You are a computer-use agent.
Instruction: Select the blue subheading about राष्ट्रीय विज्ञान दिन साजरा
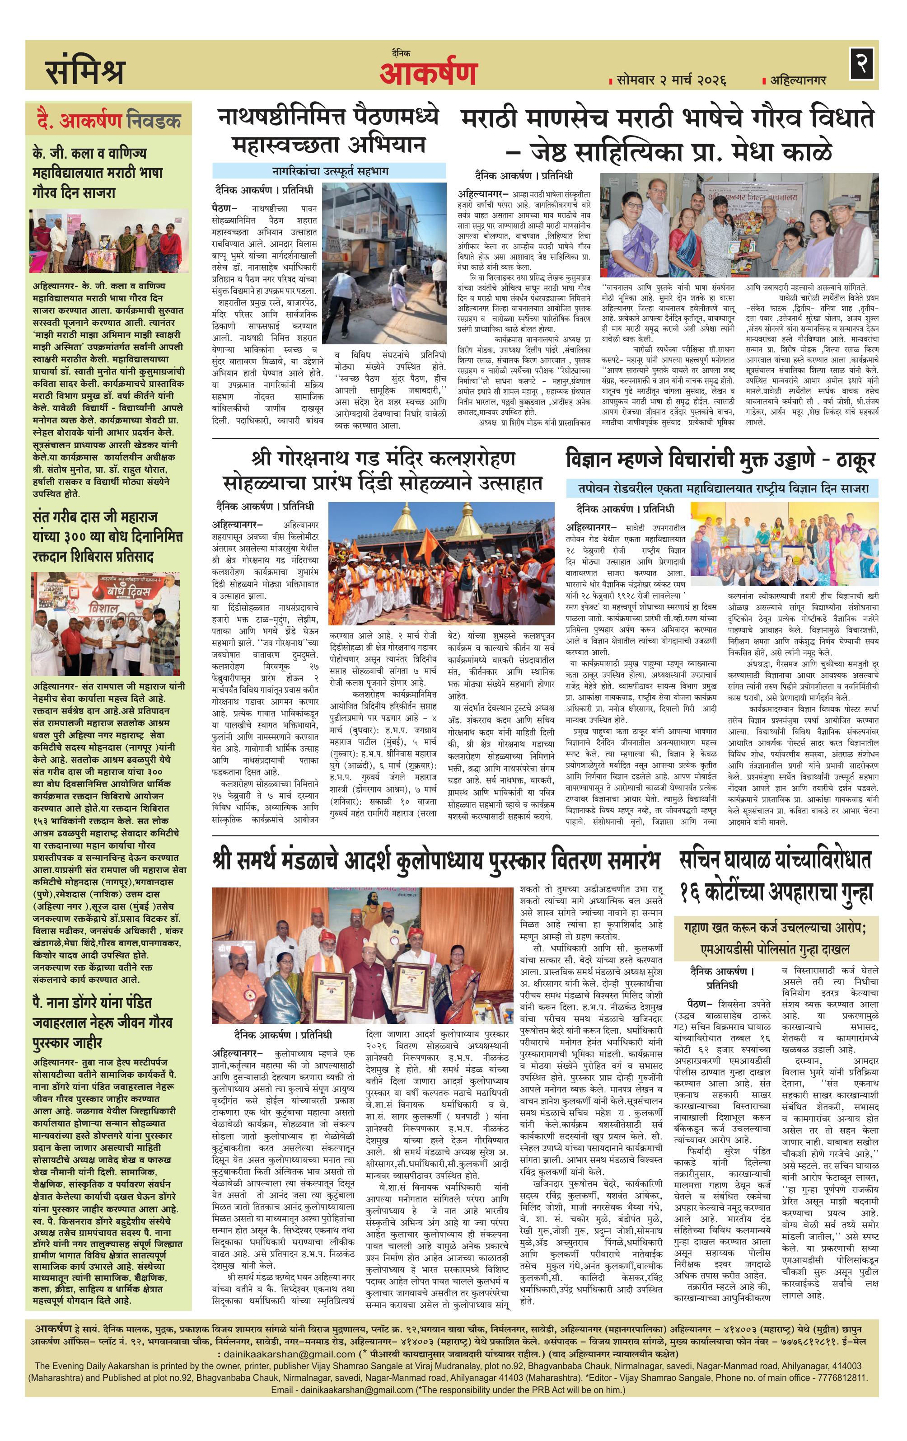pyautogui.click(x=723, y=488)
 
